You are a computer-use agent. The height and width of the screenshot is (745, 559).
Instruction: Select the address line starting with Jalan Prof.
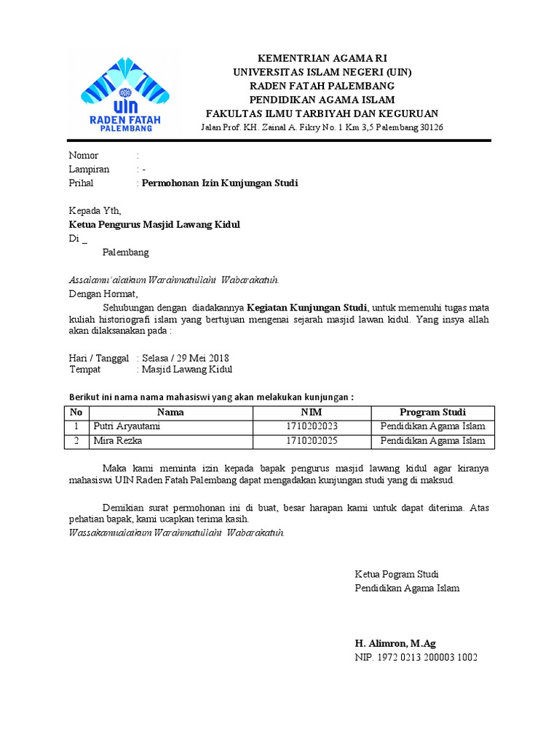tap(322, 127)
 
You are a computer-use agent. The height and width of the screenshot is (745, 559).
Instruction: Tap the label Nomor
tap(84, 156)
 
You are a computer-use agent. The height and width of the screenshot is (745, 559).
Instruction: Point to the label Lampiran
tap(89, 170)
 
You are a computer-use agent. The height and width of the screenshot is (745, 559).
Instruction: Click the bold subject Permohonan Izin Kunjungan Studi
tap(220, 183)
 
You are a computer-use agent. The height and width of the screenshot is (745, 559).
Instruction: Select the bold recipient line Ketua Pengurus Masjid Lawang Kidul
tap(154, 225)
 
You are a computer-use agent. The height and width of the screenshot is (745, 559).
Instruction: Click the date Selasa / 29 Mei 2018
tap(186, 358)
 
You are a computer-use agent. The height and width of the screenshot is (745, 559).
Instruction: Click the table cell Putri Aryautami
tap(124, 426)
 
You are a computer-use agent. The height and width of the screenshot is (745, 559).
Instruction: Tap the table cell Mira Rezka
tap(117, 441)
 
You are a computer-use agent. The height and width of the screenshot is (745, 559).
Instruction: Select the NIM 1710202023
tap(312, 426)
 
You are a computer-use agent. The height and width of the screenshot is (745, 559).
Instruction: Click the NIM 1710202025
tap(312, 441)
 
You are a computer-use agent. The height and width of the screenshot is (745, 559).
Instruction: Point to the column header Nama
tap(170, 413)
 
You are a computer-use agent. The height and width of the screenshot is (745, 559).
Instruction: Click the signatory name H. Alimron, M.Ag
tap(395, 643)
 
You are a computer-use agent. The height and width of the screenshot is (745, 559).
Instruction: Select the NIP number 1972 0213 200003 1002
tap(416, 657)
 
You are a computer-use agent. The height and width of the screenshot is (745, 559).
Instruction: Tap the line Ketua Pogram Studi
tap(397, 574)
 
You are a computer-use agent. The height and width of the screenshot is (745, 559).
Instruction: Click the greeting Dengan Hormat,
tap(103, 294)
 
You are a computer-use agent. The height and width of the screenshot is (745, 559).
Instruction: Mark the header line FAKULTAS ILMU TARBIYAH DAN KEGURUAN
tap(322, 113)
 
